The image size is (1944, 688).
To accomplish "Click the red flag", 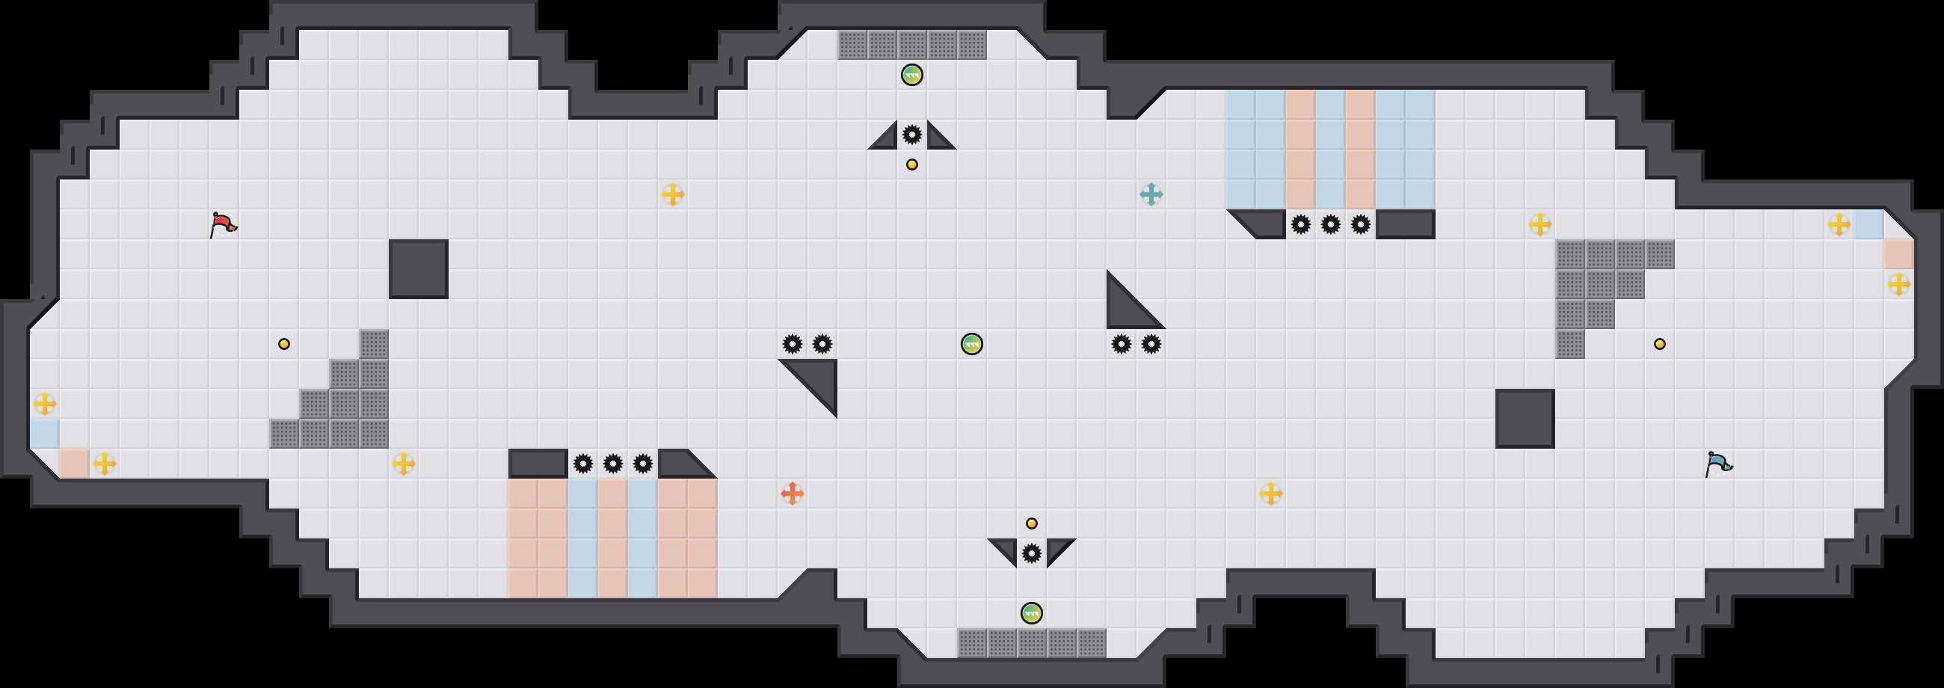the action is [223, 225].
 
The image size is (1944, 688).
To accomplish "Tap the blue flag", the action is [1717, 463].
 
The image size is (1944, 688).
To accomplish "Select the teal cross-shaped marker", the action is [1151, 194].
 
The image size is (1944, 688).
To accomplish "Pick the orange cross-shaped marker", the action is [792, 494].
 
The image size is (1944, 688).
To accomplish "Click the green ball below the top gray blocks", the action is [911, 75].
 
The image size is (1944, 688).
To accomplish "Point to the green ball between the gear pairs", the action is [971, 344].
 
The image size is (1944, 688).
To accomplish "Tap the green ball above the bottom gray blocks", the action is [1031, 612].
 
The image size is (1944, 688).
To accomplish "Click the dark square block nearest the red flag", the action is [418, 269].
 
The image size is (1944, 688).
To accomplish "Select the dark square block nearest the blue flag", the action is [1525, 419].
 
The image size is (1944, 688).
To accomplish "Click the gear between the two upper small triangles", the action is [911, 135].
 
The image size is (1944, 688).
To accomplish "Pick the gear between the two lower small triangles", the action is [1031, 553].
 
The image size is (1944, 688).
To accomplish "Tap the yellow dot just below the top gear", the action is [911, 165].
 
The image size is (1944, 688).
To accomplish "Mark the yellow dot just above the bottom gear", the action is [1031, 523].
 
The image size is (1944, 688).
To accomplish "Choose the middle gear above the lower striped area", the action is [613, 463].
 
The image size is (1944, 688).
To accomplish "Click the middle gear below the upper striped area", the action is [1329, 224].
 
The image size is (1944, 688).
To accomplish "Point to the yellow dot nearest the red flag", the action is [284, 344].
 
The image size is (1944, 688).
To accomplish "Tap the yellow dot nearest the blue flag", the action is [1659, 344].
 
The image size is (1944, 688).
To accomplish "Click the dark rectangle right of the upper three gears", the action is [1404, 224].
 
